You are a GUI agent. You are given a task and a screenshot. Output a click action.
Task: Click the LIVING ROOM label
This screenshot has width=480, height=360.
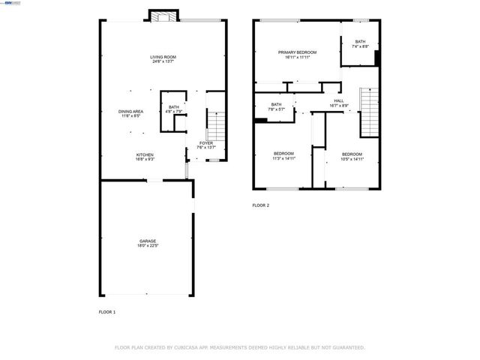tap(162, 57)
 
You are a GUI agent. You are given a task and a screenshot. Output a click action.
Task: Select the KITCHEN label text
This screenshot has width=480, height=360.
tap(145, 154)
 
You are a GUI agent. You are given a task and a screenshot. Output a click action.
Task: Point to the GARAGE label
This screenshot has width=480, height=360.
tap(147, 241)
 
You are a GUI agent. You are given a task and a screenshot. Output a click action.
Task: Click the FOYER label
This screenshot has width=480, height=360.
tap(206, 142)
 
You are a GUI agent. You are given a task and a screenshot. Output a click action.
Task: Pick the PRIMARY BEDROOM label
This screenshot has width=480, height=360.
tap(297, 52)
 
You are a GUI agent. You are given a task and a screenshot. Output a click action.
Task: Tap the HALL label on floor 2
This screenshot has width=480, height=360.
tap(338, 100)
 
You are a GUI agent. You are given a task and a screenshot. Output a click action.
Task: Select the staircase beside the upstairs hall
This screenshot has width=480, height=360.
tap(367, 112)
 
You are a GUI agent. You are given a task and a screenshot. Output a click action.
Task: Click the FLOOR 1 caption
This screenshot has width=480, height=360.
tap(107, 311)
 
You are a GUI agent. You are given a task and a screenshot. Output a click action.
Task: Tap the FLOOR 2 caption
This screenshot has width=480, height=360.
tap(260, 205)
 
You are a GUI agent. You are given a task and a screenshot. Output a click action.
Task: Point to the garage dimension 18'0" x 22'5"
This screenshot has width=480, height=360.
tap(147, 245)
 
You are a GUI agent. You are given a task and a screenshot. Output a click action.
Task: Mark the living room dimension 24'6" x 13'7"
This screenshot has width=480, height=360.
tap(162, 61)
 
